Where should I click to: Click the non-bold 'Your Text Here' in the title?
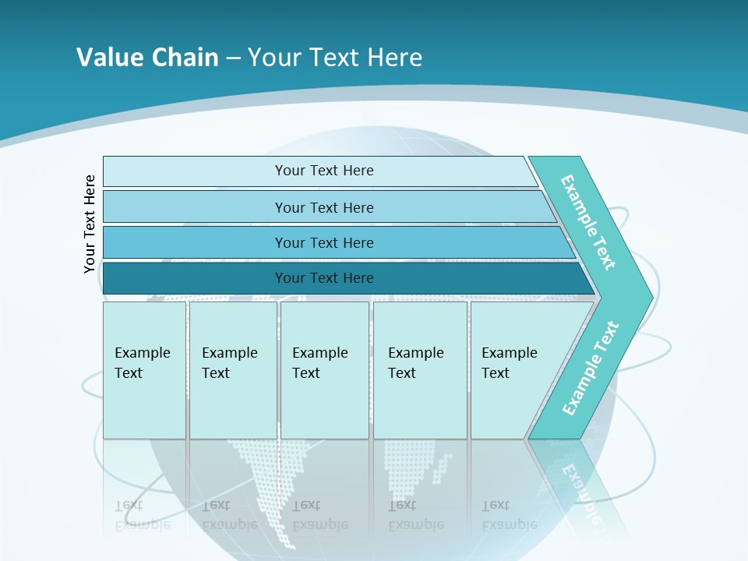click(x=335, y=57)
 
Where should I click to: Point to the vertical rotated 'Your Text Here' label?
click(x=90, y=224)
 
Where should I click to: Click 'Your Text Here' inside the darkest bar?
click(x=324, y=278)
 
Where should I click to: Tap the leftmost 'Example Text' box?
click(x=144, y=369)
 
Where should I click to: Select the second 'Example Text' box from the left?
click(x=232, y=369)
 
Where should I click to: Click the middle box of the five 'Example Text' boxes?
click(x=324, y=369)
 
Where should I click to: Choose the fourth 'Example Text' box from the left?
click(x=419, y=369)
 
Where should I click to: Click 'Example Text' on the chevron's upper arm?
click(x=588, y=222)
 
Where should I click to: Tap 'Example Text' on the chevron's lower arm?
click(x=591, y=369)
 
